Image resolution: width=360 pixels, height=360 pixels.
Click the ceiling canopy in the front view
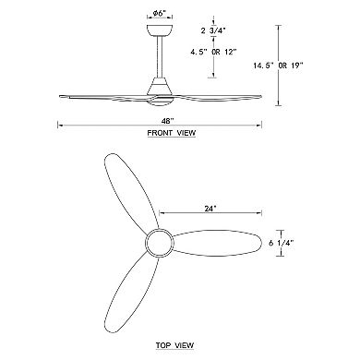pyautogui.click(x=158, y=33)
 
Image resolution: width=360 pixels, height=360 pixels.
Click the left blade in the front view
pyautogui.click(x=102, y=96)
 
